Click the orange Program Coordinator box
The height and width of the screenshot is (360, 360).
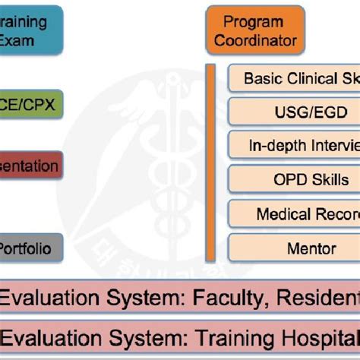[x=254, y=30]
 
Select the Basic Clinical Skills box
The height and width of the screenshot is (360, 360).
[x=295, y=78]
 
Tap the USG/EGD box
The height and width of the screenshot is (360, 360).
[x=295, y=112]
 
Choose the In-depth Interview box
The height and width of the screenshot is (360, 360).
[x=295, y=146]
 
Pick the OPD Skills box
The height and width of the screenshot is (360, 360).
[x=295, y=180]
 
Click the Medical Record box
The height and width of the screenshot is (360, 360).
[x=295, y=214]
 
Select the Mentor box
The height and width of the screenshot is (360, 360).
[x=295, y=248]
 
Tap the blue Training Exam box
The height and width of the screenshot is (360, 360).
[x=30, y=30]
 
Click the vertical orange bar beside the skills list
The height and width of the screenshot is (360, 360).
[x=210, y=163]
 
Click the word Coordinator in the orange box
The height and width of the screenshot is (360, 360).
[x=254, y=40]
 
